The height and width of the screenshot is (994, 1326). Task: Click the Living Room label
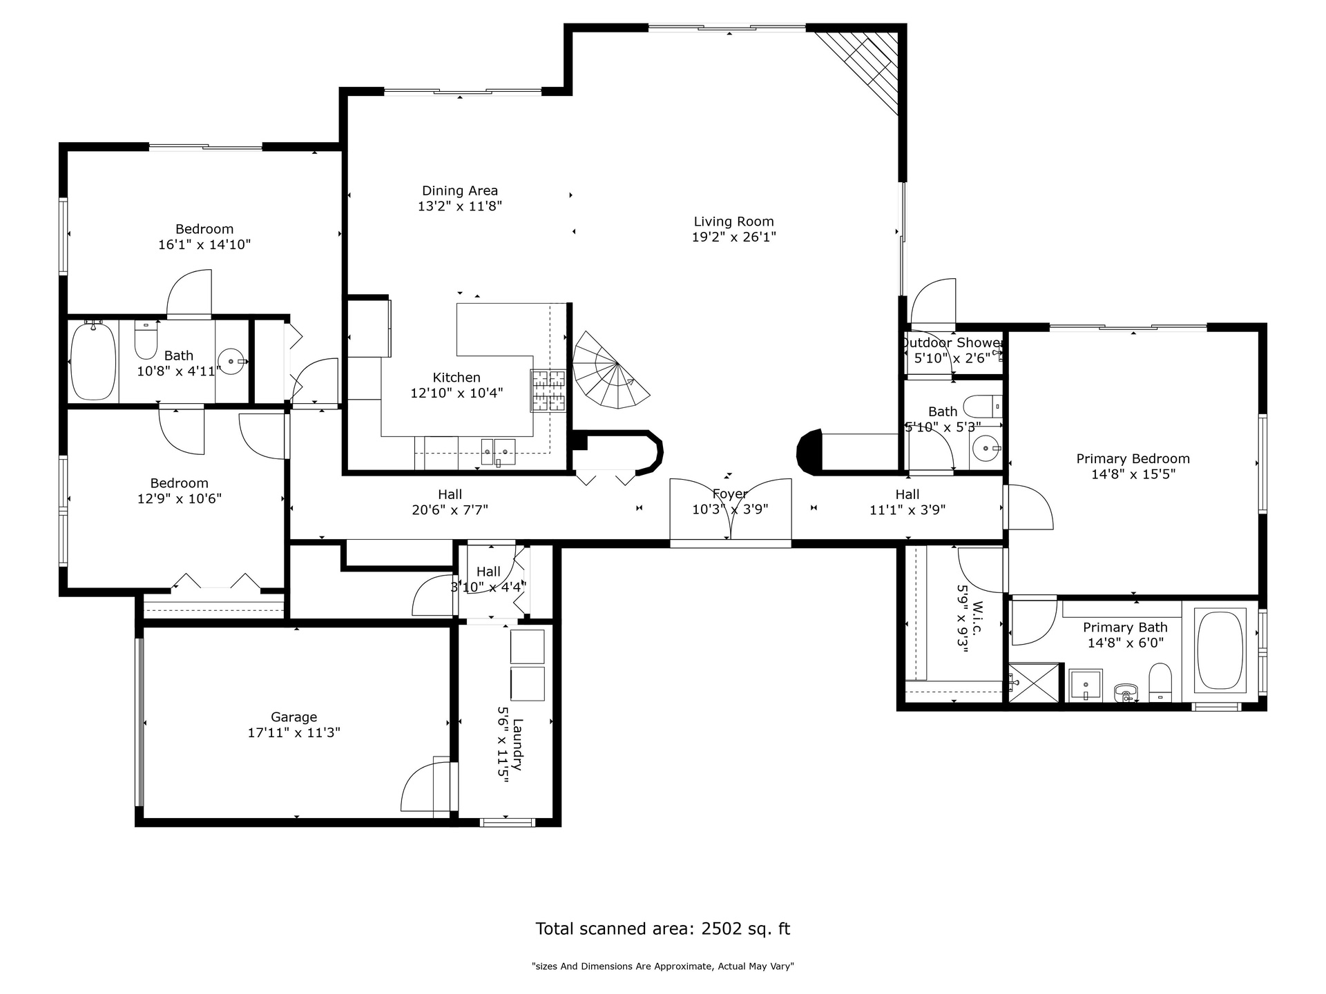[733, 222]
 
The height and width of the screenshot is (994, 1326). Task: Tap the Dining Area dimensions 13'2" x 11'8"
[460, 206]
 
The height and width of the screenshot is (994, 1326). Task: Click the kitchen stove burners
[548, 391]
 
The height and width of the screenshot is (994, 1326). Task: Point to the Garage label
[294, 717]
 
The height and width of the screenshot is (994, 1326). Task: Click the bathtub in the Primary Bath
[1220, 650]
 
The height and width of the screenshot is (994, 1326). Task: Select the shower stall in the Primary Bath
[1034, 683]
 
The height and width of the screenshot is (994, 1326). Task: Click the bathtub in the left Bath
[93, 360]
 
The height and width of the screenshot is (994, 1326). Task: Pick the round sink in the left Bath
[231, 360]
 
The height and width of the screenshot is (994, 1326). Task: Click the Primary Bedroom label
[1133, 459]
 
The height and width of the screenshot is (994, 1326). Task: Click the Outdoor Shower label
[952, 343]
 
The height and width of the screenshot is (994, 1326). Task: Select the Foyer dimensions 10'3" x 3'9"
[730, 509]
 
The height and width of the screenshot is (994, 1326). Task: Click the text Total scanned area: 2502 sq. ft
[663, 928]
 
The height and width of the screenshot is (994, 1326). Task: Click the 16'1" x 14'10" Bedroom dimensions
[204, 244]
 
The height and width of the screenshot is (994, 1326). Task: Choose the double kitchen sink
[498, 451]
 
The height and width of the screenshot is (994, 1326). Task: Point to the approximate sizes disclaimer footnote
[663, 966]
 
